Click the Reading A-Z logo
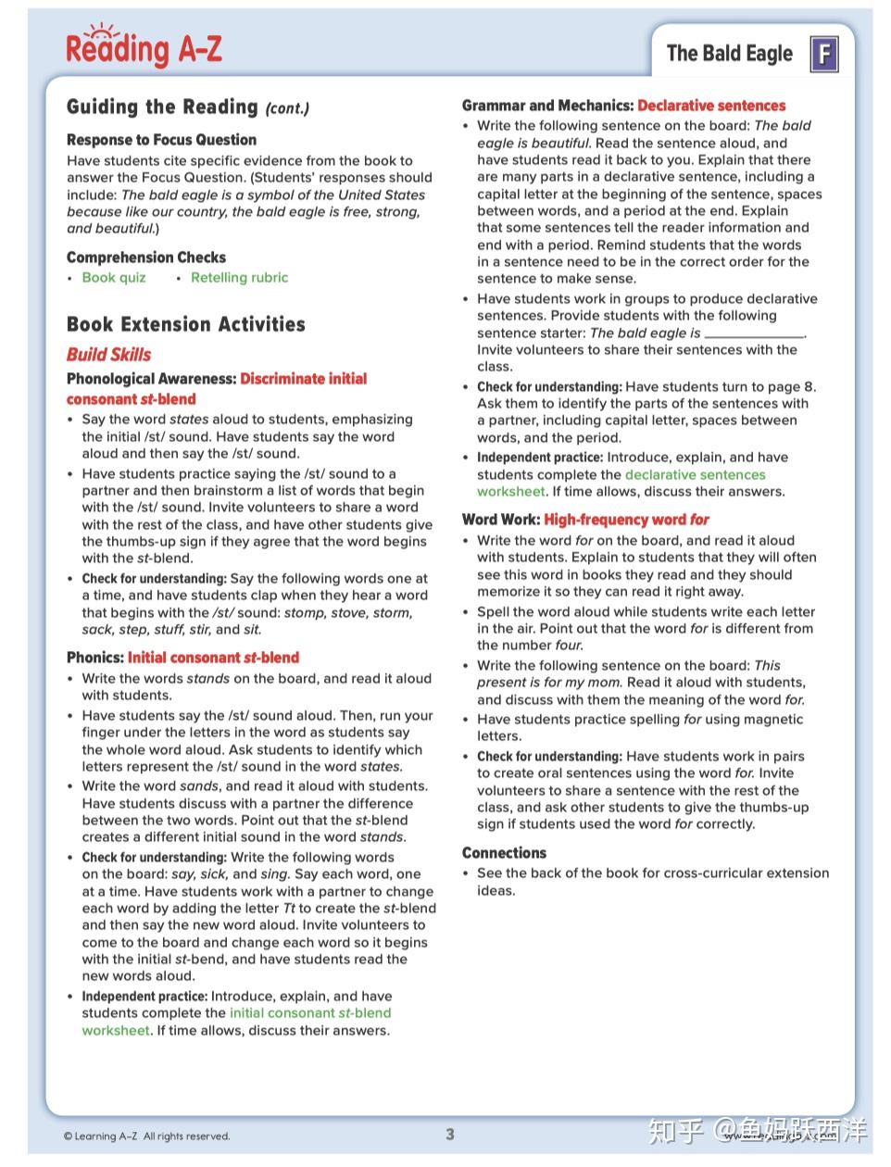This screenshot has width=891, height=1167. click(x=144, y=46)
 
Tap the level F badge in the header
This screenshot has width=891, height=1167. click(x=823, y=54)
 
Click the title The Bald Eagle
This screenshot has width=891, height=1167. click(x=729, y=54)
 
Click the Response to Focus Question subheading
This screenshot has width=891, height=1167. click(x=161, y=140)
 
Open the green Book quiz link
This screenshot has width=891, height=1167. click(x=114, y=278)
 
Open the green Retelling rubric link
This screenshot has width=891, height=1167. click(x=239, y=278)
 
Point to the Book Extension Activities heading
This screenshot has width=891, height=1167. click(x=185, y=324)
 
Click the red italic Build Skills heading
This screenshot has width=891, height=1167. click(x=108, y=355)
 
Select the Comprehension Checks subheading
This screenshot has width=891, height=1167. click(x=145, y=257)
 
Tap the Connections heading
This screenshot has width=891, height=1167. click(x=504, y=853)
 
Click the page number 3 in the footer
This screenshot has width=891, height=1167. click(x=450, y=1135)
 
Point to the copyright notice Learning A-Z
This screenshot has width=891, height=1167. click(x=146, y=1136)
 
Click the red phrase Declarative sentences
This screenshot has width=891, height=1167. click(x=711, y=107)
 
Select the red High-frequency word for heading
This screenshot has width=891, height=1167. click(x=626, y=520)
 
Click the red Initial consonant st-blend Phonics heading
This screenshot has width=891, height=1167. click(x=213, y=658)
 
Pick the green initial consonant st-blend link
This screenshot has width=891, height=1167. click(x=310, y=1013)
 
